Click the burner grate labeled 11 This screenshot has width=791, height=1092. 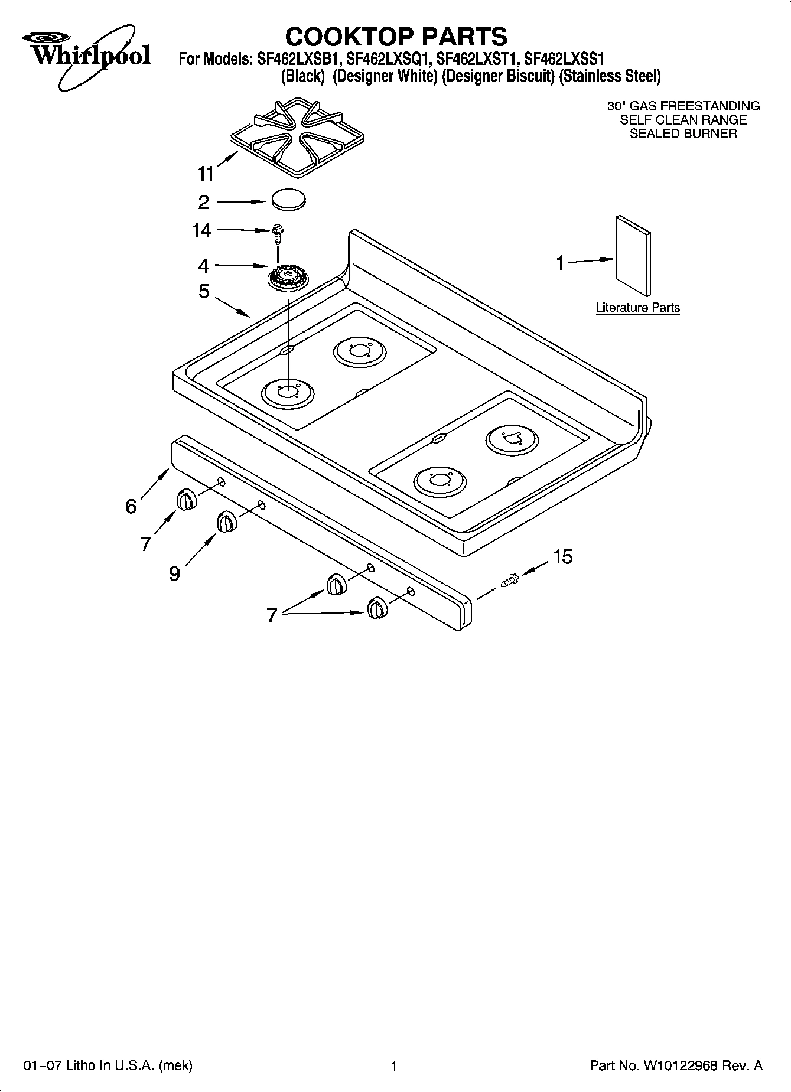[296, 139]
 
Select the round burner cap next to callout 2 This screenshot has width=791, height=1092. [289, 199]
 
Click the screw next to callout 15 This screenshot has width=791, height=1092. [509, 579]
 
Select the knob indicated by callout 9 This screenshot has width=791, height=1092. [226, 523]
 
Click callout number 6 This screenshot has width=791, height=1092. [131, 507]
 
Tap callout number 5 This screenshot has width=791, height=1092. [204, 291]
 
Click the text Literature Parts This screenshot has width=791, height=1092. [637, 308]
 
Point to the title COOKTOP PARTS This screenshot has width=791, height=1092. [396, 37]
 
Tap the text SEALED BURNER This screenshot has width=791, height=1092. [683, 133]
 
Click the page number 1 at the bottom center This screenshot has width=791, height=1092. [393, 1067]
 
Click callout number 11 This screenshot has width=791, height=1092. [206, 174]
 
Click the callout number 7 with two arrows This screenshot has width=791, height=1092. [271, 615]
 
